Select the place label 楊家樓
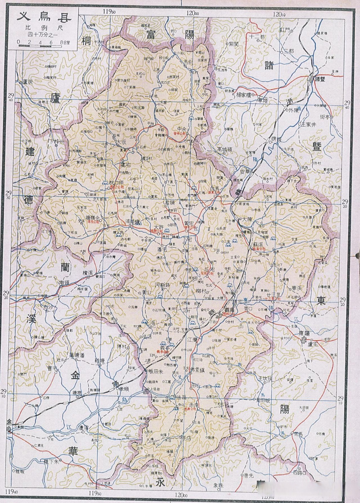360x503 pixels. (246, 95)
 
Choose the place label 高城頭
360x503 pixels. (226, 149)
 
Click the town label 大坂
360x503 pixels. (121, 142)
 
